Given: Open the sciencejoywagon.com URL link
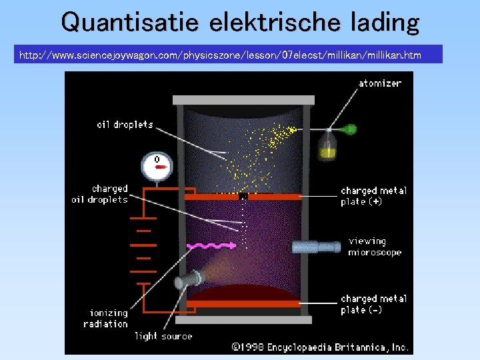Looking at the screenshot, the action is [220, 55].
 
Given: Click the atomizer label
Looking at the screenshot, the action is [380, 83].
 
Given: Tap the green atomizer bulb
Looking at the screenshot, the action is [350, 129].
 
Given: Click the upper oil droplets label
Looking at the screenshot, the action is [125, 125].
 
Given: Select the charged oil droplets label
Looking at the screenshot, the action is [100, 194].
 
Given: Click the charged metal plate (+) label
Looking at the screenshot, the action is [373, 195].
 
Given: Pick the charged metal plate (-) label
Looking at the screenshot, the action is [373, 304].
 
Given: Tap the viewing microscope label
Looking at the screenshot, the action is [375, 247].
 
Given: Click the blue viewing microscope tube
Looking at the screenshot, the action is [317, 247].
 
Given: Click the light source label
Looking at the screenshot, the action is [163, 336].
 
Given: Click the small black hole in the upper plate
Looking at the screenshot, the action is [243, 197].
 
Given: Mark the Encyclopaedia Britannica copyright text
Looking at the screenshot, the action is [320, 347].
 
